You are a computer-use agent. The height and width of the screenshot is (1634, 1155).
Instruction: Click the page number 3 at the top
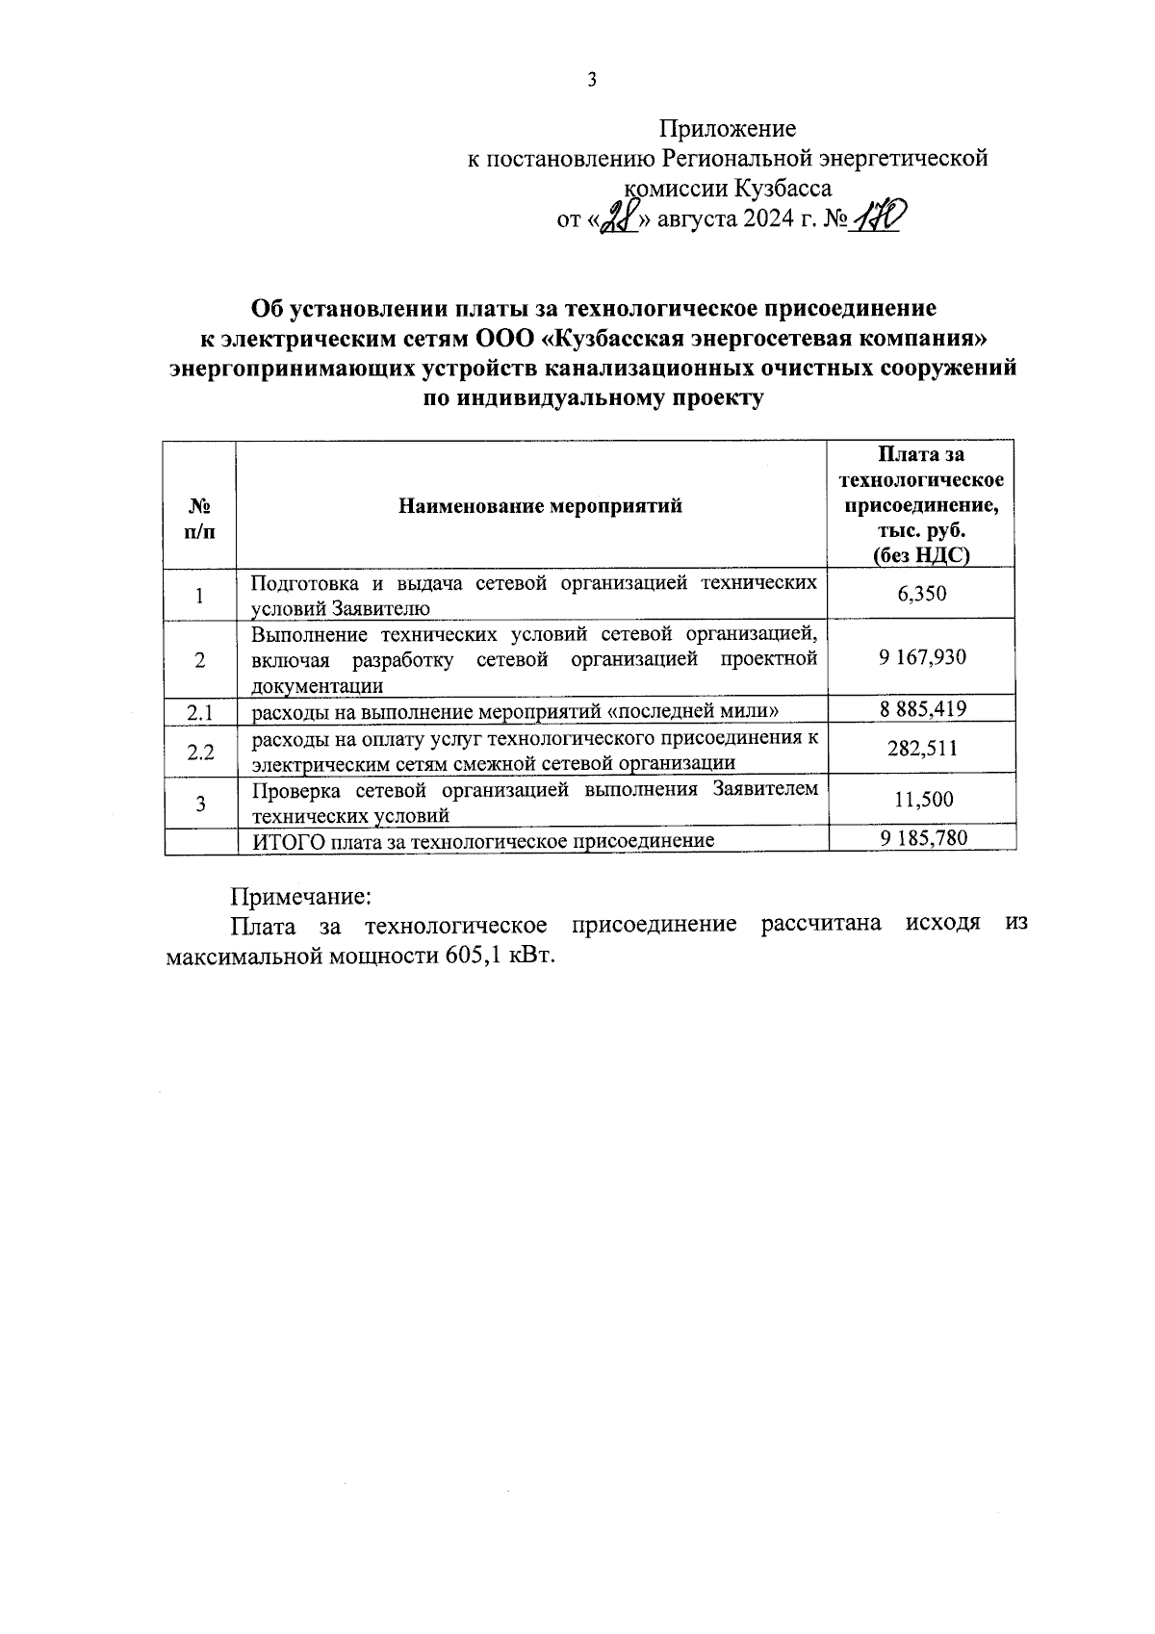coord(592,80)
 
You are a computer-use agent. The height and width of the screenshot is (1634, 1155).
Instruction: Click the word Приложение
coord(727,128)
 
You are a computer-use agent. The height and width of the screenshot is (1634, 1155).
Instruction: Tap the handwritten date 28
coord(614,221)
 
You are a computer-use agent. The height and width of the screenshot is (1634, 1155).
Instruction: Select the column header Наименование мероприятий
coord(540,505)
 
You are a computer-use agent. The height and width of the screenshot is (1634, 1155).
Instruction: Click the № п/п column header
coord(199,520)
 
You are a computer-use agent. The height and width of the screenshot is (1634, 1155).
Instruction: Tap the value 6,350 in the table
coord(922,594)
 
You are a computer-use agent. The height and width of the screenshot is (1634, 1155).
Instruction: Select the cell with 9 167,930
coord(922,657)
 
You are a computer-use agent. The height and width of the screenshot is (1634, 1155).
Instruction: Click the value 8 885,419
coord(922,709)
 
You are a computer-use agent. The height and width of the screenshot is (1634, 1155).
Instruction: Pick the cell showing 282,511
coord(922,749)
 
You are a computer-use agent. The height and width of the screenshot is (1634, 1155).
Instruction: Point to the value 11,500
coord(922,799)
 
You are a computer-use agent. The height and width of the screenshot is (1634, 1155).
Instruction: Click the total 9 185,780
coord(922,838)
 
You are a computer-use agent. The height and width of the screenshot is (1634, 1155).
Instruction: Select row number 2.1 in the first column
coord(199,712)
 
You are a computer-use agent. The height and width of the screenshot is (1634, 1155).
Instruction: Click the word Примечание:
coord(299,896)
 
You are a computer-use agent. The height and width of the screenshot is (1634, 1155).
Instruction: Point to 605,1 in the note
coord(475,957)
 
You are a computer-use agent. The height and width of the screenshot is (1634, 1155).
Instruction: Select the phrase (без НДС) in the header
coord(921,555)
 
